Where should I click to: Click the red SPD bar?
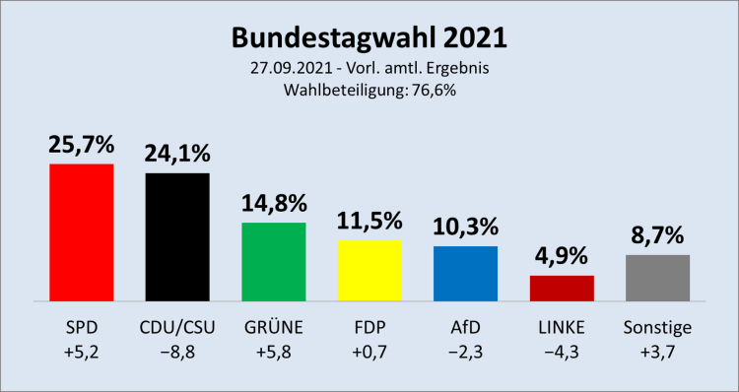tap(81, 232)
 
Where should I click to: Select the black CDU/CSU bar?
tap(177, 236)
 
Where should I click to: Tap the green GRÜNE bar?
tap(273, 261)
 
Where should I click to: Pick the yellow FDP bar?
tap(369, 270)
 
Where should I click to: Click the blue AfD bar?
tap(465, 273)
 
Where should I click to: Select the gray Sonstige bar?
tap(657, 278)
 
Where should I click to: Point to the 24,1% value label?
tap(177, 155)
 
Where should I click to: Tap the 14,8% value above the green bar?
tap(273, 204)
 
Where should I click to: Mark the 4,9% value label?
tap(562, 257)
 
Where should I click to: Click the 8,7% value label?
tap(657, 236)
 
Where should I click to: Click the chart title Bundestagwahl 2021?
tap(369, 37)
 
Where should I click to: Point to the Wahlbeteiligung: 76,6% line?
tap(369, 90)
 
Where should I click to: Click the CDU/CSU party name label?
tap(177, 327)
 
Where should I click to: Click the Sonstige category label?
tap(657, 327)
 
